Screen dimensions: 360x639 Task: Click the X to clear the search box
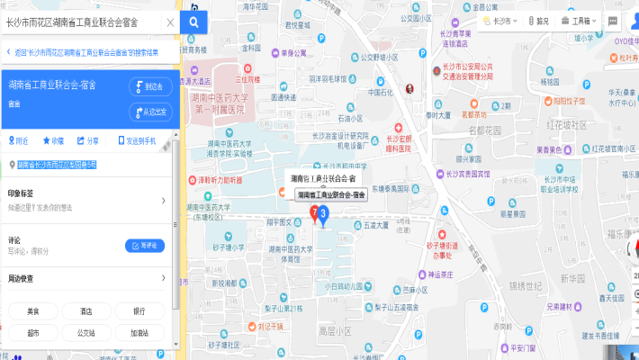click(x=170, y=22)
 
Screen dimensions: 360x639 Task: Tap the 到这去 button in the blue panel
click(x=150, y=86)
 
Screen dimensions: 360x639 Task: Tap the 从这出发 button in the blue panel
click(x=150, y=112)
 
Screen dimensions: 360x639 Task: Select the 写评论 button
click(x=144, y=245)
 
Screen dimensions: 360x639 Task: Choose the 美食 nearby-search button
click(x=32, y=311)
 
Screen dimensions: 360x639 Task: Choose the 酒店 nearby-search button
click(x=86, y=311)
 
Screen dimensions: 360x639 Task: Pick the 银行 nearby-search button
click(x=139, y=311)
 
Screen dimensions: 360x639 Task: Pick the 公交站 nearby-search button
click(x=86, y=332)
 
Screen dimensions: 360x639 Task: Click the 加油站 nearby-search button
click(x=139, y=332)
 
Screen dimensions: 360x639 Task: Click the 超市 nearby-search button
click(x=32, y=332)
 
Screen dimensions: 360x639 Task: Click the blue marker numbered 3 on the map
click(x=323, y=214)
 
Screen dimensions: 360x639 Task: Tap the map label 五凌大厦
click(x=374, y=225)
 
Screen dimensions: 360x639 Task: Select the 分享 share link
click(x=88, y=140)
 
